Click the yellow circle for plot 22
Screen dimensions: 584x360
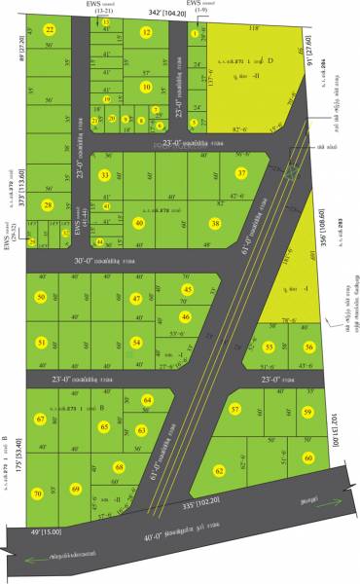coord(50,30)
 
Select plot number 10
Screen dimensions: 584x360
coord(146,86)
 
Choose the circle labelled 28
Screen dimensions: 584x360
coord(48,204)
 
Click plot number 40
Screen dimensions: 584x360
coord(138,223)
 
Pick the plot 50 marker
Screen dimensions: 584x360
coord(41,298)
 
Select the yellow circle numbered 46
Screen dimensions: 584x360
coord(185,316)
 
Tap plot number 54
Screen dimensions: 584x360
coord(137,343)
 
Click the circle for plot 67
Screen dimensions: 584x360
coord(41,420)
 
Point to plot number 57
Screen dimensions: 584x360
coord(234,410)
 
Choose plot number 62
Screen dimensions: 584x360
coord(219,470)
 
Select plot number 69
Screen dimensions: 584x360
coord(75,489)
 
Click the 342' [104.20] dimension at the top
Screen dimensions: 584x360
coord(167,13)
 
